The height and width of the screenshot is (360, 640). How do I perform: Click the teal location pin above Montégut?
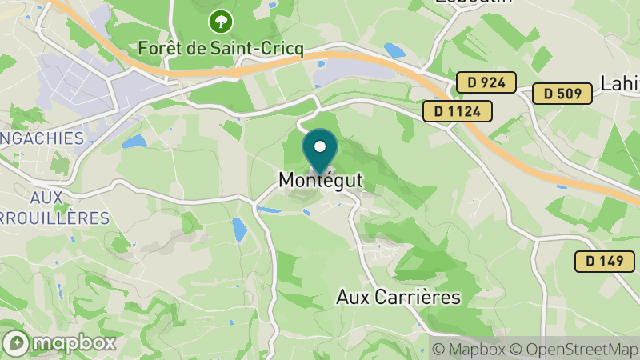(x=320, y=152)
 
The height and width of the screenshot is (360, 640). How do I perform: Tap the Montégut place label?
(x=320, y=182)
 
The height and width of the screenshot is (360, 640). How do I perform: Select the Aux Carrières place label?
(x=398, y=297)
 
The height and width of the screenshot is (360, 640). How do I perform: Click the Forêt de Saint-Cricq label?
(x=221, y=48)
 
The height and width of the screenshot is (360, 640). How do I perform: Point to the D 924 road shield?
(x=486, y=82)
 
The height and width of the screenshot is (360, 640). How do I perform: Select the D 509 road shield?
(x=562, y=94)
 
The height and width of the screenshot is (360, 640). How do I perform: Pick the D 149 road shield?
(x=604, y=261)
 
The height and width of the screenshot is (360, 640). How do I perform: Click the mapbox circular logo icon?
(x=16, y=342)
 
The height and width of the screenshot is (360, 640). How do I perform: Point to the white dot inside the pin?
(x=320, y=146)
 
